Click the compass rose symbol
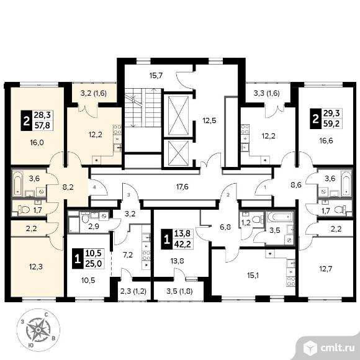(x=38, y=330)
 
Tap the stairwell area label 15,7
(x=156, y=76)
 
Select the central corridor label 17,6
(x=182, y=187)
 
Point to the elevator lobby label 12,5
(x=209, y=120)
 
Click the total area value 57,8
(x=42, y=125)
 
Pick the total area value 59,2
(x=332, y=124)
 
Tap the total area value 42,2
(x=182, y=243)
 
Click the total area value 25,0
(x=94, y=263)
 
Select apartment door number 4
(x=94, y=187)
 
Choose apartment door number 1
(x=265, y=187)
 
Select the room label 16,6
(x=326, y=140)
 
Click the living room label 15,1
(x=253, y=276)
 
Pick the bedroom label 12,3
(x=36, y=267)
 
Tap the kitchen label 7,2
(x=128, y=254)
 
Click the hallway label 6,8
(x=225, y=227)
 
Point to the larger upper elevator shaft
(x=178, y=115)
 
